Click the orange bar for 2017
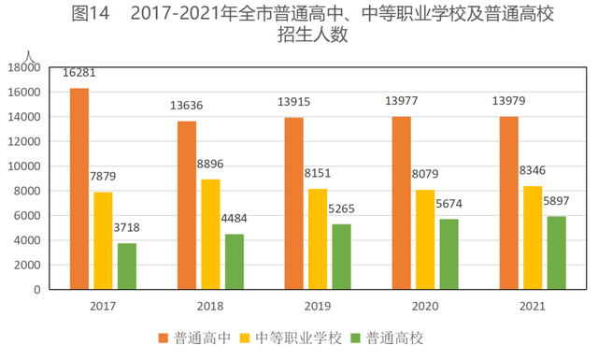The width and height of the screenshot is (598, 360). (79, 189)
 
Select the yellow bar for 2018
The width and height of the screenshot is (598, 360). (210, 234)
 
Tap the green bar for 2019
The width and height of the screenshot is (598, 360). (341, 256)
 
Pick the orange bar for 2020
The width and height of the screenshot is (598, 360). (402, 203)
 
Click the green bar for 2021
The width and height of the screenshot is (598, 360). (557, 252)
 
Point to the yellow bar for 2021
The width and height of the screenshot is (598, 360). (533, 238)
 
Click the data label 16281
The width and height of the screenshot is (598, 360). (78, 73)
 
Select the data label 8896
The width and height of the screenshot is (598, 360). (210, 165)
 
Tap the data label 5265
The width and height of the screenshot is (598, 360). (341, 209)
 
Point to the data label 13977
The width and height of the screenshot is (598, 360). (402, 101)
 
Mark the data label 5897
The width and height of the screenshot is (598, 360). (556, 201)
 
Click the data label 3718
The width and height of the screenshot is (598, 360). (127, 228)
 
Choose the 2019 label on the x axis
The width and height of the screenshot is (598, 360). (318, 306)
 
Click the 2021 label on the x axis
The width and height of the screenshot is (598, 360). (533, 306)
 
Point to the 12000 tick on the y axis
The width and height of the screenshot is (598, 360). (24, 141)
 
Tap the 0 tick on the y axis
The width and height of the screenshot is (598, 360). (37, 290)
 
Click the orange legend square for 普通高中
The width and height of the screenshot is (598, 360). (164, 338)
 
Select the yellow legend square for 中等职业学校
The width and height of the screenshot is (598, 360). (245, 338)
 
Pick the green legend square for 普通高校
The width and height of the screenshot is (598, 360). (355, 338)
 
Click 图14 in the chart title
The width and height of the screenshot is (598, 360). (91, 14)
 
